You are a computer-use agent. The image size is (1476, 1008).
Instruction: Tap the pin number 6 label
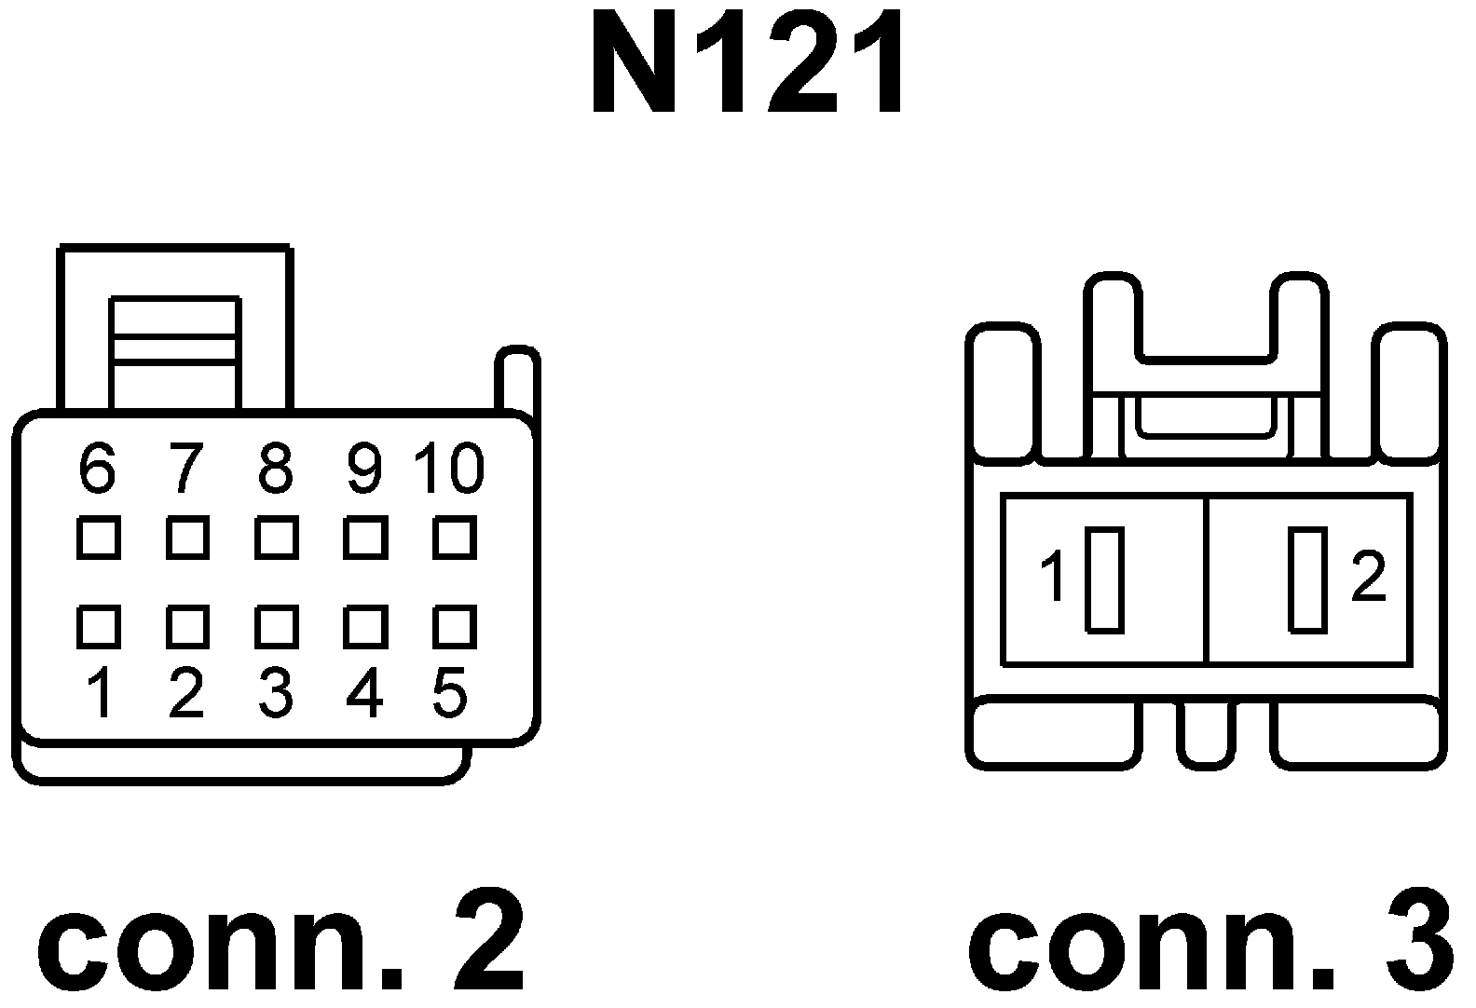pyautogui.click(x=97, y=468)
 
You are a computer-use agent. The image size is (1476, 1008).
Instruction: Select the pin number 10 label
pyautogui.click(x=449, y=468)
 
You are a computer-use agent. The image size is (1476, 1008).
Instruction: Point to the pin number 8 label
pyautogui.click(x=276, y=468)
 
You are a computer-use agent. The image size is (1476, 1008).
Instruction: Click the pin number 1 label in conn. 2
pyautogui.click(x=100, y=694)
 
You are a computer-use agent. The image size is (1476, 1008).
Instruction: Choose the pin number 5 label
pyautogui.click(x=450, y=694)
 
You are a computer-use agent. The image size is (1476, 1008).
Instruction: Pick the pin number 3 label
pyautogui.click(x=276, y=694)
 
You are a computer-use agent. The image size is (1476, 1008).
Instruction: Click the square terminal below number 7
pyautogui.click(x=187, y=538)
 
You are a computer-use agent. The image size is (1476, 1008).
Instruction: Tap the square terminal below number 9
pyautogui.click(x=364, y=538)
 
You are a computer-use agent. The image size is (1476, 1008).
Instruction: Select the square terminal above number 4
pyautogui.click(x=364, y=626)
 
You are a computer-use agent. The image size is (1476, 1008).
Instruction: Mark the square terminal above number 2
pyautogui.click(x=187, y=626)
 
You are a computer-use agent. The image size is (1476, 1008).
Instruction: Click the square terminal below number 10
pyautogui.click(x=455, y=538)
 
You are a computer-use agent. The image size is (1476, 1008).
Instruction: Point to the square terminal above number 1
pyautogui.click(x=98, y=626)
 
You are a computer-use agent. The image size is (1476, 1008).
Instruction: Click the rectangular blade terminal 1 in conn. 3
pyautogui.click(x=1105, y=579)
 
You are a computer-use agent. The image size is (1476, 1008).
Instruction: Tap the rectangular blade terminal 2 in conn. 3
pyautogui.click(x=1307, y=579)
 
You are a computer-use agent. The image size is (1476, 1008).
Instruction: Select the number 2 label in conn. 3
pyautogui.click(x=1368, y=577)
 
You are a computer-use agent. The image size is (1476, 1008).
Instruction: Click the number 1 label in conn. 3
pyautogui.click(x=1055, y=577)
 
